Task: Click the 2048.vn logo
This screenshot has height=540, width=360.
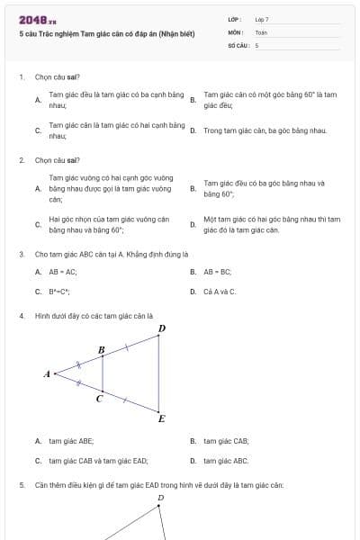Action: (37, 20)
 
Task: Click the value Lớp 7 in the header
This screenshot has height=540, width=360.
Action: (262, 19)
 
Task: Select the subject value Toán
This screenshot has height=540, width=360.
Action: (261, 31)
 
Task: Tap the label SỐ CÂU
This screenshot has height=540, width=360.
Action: (238, 44)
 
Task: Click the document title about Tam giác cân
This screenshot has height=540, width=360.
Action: (106, 33)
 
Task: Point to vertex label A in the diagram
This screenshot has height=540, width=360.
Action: (47, 373)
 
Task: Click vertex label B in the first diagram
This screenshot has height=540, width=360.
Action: (101, 349)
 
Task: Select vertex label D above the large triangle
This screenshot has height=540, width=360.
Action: (161, 329)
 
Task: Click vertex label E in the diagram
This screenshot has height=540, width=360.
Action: (161, 418)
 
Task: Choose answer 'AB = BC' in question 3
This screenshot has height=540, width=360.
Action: (218, 271)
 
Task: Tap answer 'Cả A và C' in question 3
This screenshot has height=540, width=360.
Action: (220, 292)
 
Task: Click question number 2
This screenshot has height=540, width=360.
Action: (22, 160)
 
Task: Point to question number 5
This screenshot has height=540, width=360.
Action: (22, 485)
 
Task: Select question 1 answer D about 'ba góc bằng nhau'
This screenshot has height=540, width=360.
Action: (265, 130)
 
